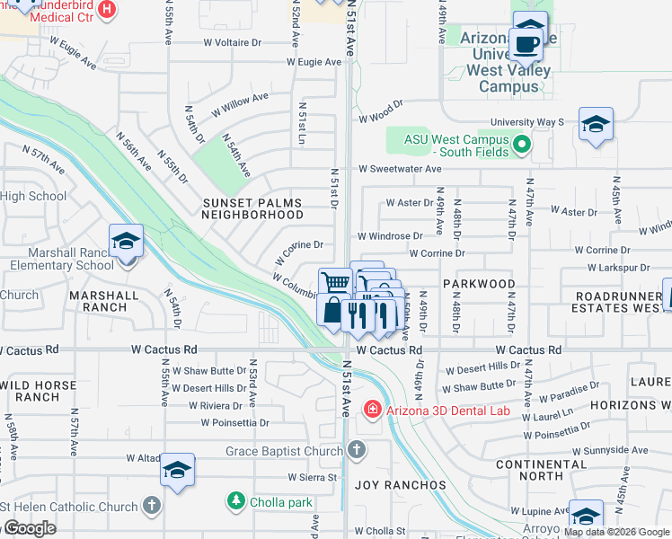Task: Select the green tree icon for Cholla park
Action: pyautogui.click(x=236, y=499)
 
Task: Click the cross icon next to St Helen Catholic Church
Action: pyautogui.click(x=152, y=506)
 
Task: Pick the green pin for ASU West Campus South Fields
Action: pyautogui.click(x=520, y=143)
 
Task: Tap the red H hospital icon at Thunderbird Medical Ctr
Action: pyautogui.click(x=106, y=10)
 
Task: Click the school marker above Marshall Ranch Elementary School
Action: pyautogui.click(x=126, y=242)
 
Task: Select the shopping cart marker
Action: pyautogui.click(x=335, y=282)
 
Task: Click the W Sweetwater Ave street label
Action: pyautogui.click(x=400, y=169)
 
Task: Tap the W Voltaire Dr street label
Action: pyautogui.click(x=232, y=41)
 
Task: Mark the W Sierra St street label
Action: pyautogui.click(x=313, y=477)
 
